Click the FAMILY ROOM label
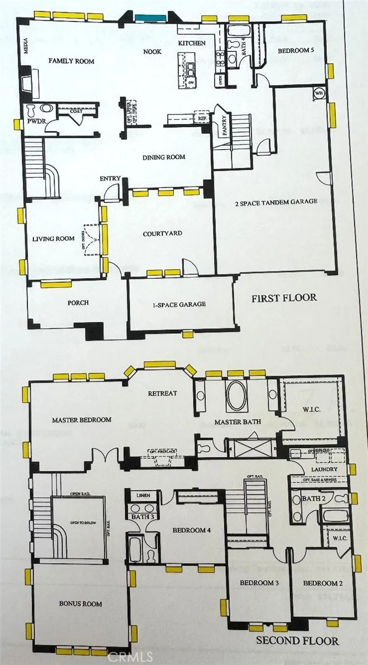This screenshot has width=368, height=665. pyautogui.click(x=71, y=61)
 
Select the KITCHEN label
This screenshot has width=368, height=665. pyautogui.click(x=192, y=43)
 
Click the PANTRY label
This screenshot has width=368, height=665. pyautogui.click(x=224, y=125)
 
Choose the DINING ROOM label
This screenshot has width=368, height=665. pyautogui.click(x=163, y=157)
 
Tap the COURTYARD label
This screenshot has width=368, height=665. pyautogui.click(x=162, y=233)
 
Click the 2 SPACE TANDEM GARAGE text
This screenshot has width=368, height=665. pyautogui.click(x=276, y=202)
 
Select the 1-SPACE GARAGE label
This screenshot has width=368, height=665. pyautogui.click(x=180, y=304)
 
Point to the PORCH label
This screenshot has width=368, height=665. pyautogui.click(x=79, y=303)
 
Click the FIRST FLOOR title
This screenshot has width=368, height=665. pyautogui.click(x=284, y=298)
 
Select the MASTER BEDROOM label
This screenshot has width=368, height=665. pyautogui.click(x=81, y=419)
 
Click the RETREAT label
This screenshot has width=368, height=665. pyautogui.click(x=162, y=393)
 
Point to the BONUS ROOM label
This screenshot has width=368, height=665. pyautogui.click(x=80, y=604)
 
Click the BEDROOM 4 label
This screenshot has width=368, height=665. pyautogui.click(x=191, y=530)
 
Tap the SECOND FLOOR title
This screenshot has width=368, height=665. pyautogui.click(x=297, y=640)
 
